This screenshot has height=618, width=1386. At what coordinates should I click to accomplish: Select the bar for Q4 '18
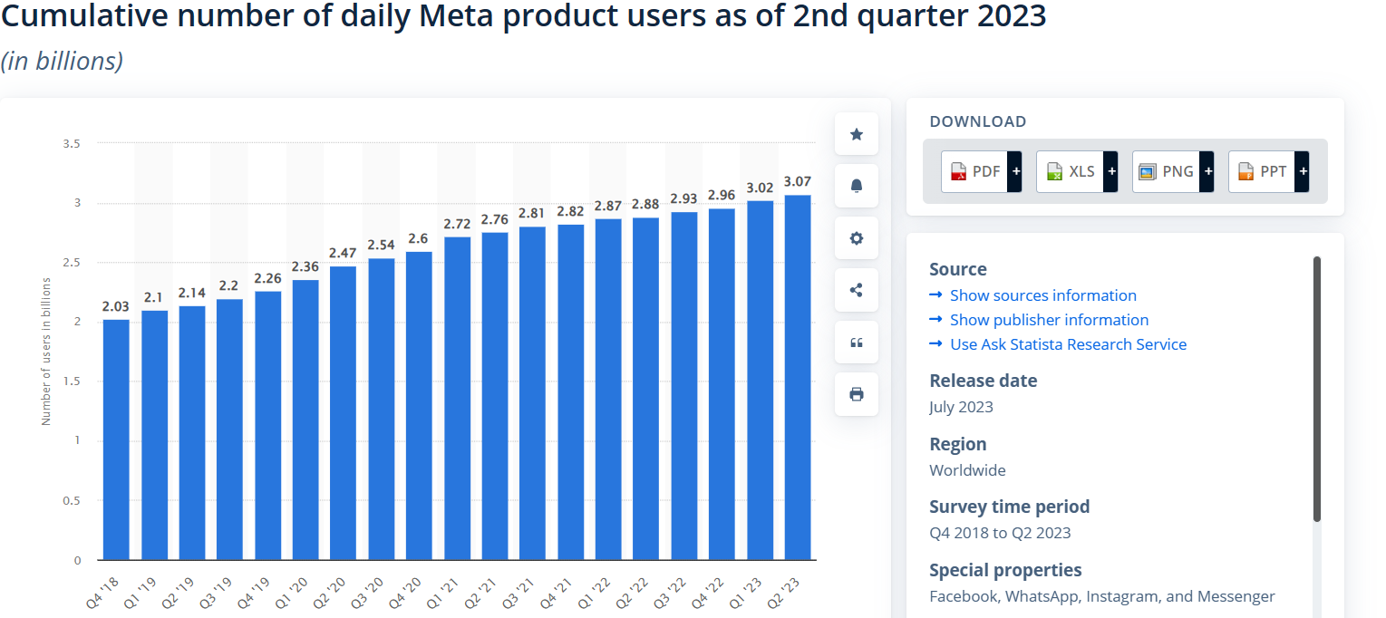click(116, 439)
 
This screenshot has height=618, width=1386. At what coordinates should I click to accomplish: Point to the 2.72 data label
click(457, 224)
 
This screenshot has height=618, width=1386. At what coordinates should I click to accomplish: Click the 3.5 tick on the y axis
click(72, 143)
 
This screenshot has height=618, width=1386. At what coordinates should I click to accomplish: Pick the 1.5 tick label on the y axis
click(72, 381)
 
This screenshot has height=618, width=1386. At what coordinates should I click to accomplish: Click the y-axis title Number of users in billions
click(46, 352)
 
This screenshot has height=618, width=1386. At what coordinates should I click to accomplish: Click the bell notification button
click(857, 186)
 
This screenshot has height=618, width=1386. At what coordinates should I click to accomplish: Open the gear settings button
click(857, 238)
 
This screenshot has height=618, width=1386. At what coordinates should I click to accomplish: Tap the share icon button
click(857, 290)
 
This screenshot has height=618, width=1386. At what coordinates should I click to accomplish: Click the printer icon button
click(857, 394)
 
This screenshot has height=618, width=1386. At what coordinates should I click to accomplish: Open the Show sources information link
click(1042, 295)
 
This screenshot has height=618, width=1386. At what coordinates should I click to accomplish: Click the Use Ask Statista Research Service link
click(1068, 344)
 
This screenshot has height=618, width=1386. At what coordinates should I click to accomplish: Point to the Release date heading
click(984, 381)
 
